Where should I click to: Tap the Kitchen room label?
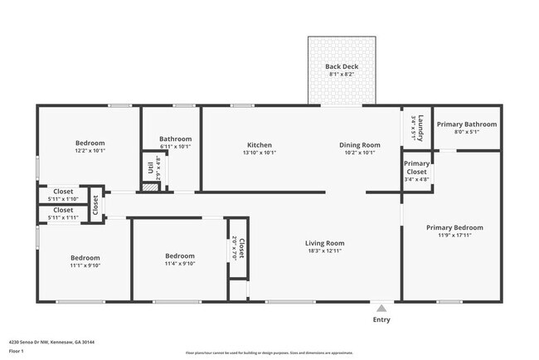(259, 145)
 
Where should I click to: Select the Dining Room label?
(359, 145)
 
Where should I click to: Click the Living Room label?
(324, 243)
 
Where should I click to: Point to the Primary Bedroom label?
(454, 227)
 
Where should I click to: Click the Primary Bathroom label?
(467, 124)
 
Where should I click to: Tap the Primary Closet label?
(417, 168)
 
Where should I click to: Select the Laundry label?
(420, 125)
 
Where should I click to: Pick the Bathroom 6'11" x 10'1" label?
(175, 139)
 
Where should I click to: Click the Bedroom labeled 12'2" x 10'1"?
(90, 143)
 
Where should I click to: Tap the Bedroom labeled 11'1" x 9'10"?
(85, 258)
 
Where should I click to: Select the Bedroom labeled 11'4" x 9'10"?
(179, 256)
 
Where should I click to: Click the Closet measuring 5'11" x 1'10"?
(63, 192)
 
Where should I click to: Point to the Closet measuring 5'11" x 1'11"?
(63, 211)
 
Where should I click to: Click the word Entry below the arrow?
(381, 319)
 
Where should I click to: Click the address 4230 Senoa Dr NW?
(35, 342)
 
